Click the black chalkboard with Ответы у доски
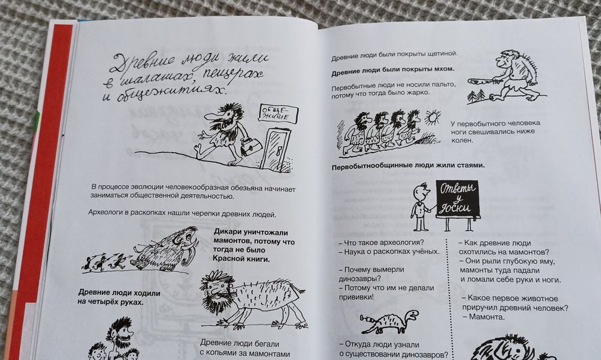(457, 198)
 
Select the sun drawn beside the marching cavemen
(431, 116)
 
